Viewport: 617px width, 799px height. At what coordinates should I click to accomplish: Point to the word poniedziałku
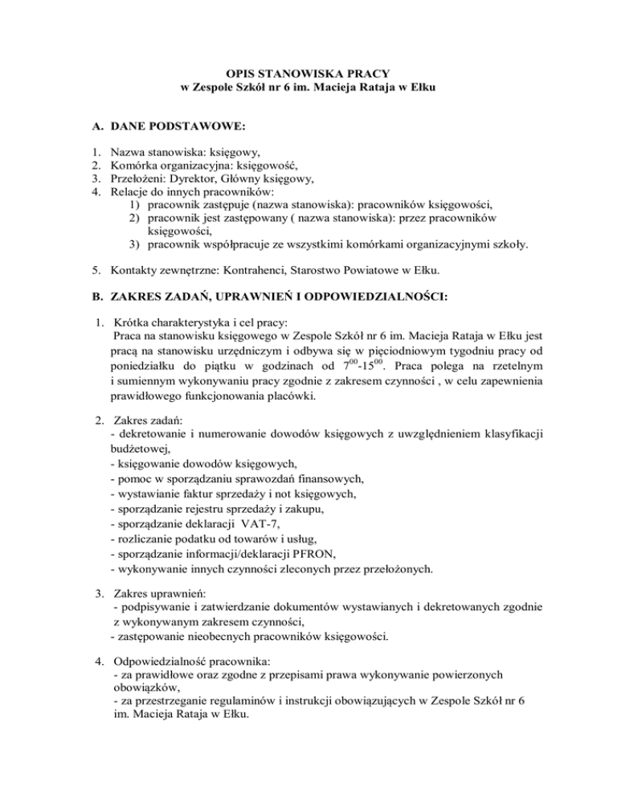click(x=149, y=363)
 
